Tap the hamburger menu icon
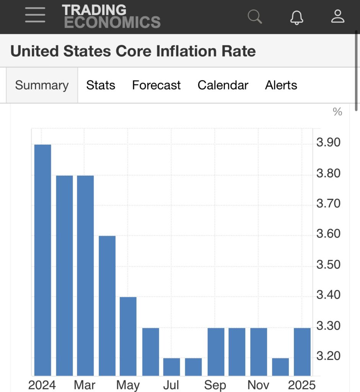(35, 16)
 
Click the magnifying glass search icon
(254, 16)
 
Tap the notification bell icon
(296, 17)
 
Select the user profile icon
(338, 16)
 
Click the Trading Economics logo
(111, 16)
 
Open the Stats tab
(101, 85)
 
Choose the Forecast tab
(156, 85)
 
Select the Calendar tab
(223, 85)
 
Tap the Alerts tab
(281, 85)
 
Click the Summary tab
(42, 85)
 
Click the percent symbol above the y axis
(337, 112)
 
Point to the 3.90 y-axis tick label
(328, 143)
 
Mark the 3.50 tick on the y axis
(328, 265)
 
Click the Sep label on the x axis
(215, 385)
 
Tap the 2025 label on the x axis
(302, 385)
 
